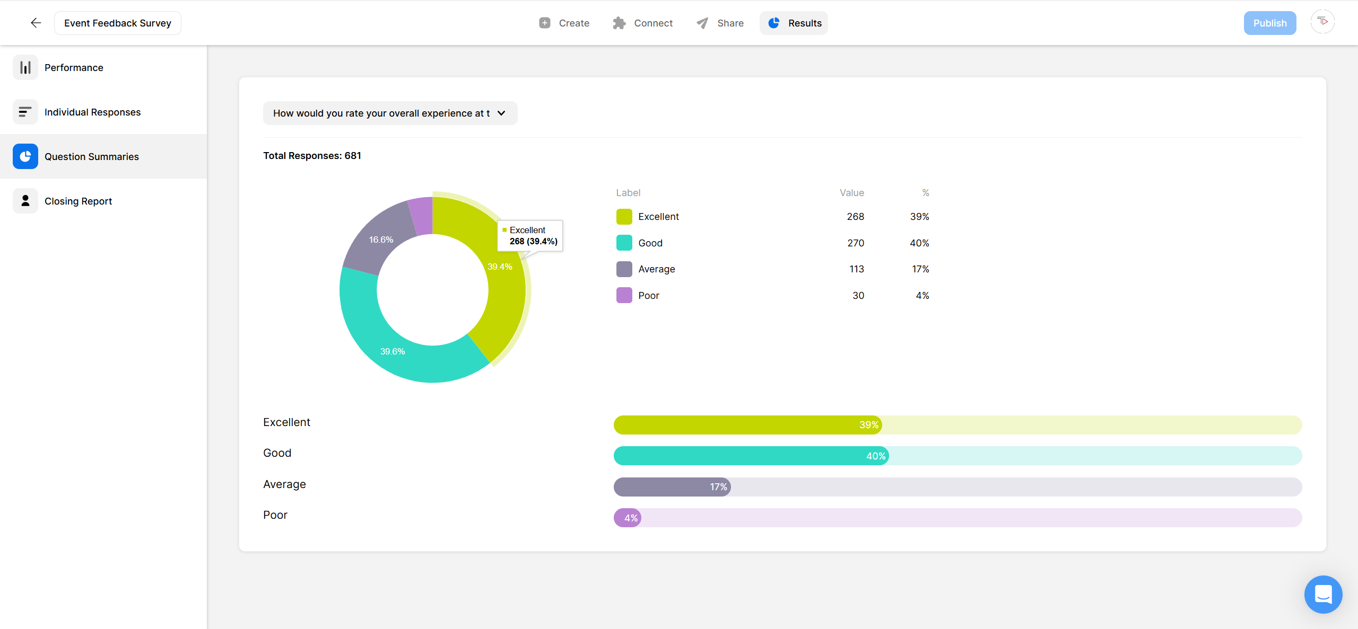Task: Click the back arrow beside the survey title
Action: (36, 23)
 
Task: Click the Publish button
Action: (1269, 23)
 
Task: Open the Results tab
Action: (794, 23)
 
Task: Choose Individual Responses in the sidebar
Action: (92, 112)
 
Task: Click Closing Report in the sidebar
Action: (78, 201)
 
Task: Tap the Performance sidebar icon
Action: (25, 68)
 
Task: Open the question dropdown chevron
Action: (501, 113)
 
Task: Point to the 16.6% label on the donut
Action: (381, 240)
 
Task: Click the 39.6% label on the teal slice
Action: (393, 352)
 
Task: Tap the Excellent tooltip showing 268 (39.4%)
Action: (530, 236)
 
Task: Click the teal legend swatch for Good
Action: (624, 243)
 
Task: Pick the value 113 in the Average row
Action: (856, 269)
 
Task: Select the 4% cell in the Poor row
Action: (922, 296)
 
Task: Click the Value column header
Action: (851, 193)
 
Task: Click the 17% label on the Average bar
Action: (718, 487)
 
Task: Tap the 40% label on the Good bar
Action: (875, 456)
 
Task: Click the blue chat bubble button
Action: (1323, 594)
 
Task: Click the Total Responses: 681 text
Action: (312, 156)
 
